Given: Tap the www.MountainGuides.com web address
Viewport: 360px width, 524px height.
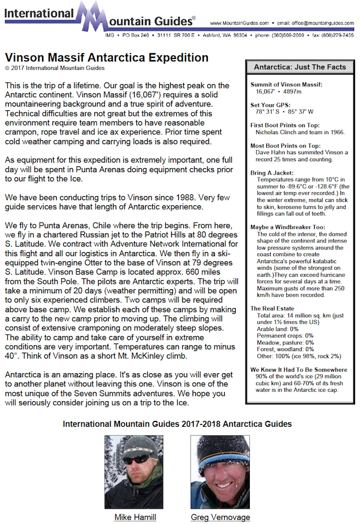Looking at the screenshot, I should point(239,23).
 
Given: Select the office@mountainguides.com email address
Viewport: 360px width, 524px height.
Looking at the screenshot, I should point(322,23).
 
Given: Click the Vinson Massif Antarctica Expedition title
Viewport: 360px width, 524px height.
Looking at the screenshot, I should point(106,58).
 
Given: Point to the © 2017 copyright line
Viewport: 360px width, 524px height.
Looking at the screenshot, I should point(55,68).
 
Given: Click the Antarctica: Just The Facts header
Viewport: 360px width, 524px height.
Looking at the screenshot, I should point(299,67).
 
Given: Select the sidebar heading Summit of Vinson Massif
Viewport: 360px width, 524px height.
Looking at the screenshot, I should point(286,85).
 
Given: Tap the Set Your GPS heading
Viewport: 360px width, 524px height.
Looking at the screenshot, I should point(271,105).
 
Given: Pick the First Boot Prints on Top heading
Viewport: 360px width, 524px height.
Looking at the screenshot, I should point(285,125).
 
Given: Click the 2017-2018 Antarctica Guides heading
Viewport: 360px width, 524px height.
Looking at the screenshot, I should point(177,424).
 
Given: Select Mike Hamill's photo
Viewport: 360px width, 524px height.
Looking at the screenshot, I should point(134,472).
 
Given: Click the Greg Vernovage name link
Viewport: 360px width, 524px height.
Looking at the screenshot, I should point(220,517).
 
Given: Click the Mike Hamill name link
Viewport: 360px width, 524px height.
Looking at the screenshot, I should point(135,517).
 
